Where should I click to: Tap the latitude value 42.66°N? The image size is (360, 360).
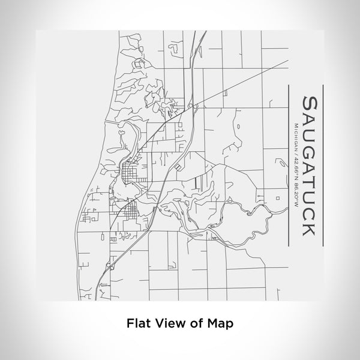(x=295, y=169)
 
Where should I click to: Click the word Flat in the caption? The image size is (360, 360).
(x=139, y=323)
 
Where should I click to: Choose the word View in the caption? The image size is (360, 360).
(x=169, y=323)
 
